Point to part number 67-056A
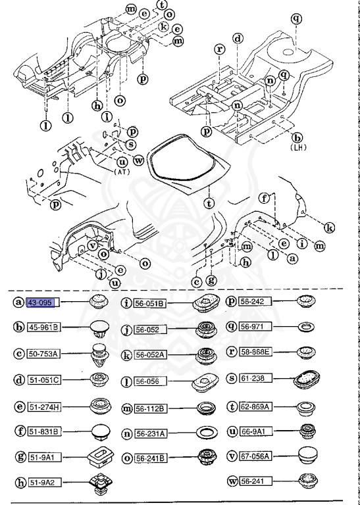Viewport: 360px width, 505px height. (x=259, y=454)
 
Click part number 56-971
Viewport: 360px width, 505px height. (x=253, y=325)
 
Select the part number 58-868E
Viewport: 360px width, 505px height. (x=259, y=353)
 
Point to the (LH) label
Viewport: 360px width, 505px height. (x=297, y=149)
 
